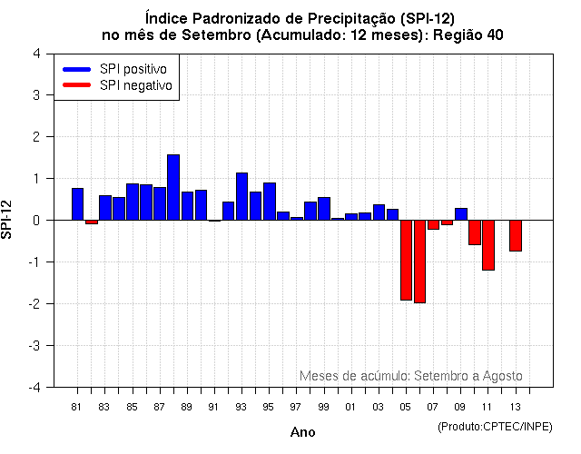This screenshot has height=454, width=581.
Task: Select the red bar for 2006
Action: point(419,262)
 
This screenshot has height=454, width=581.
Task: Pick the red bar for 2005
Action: point(406,260)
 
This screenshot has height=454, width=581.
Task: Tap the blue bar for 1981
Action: point(78,203)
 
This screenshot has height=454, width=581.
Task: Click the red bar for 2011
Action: point(488,244)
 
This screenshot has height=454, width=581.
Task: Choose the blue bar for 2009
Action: point(461,214)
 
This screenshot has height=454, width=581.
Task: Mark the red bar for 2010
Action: point(475,232)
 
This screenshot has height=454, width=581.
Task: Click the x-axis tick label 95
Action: point(269,406)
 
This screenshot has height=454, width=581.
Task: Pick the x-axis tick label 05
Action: point(406,406)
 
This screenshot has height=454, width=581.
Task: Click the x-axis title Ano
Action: point(302,432)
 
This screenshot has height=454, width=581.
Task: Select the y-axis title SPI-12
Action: point(8,220)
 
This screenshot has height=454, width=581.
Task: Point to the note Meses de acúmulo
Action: point(354,375)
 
